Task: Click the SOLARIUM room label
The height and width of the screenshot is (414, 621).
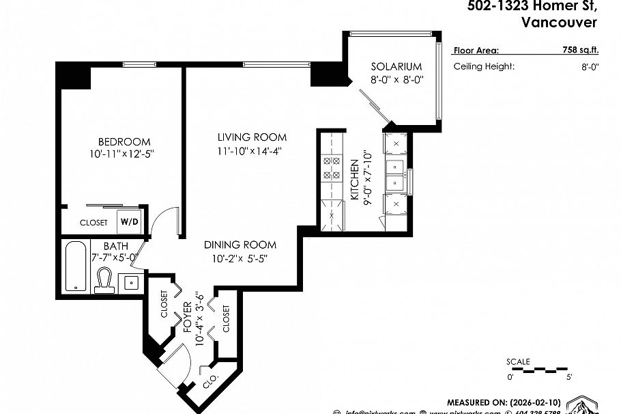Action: pos(396,66)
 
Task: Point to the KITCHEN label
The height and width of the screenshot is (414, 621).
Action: pos(355,179)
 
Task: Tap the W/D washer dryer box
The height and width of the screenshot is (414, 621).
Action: pos(130,222)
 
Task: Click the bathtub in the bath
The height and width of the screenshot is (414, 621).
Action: pos(76,266)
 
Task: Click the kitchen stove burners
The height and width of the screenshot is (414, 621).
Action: pos(331,168)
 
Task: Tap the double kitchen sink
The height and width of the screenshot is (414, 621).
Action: pos(394,175)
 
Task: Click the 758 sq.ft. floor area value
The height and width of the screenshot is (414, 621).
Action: pos(566,50)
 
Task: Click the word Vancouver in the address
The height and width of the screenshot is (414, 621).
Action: pos(558,22)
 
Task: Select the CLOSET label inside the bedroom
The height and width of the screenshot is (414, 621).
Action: pos(93,223)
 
